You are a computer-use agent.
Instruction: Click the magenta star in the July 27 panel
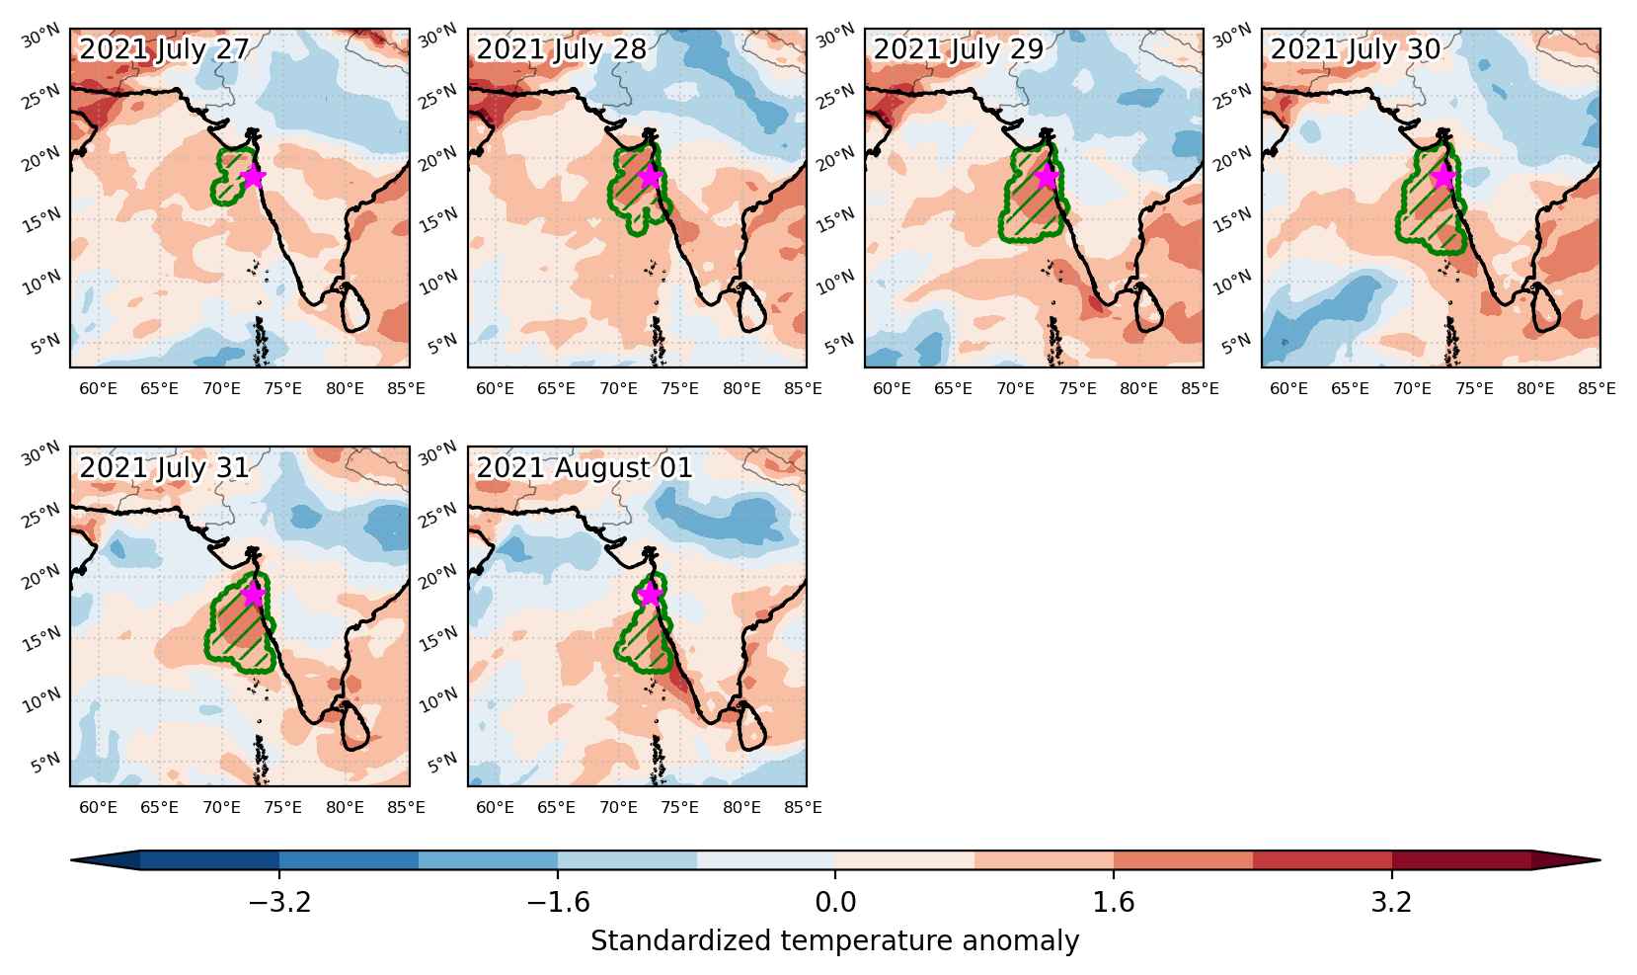(x=253, y=176)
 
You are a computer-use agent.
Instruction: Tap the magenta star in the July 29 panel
(x=1048, y=176)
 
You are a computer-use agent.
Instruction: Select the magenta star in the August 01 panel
(x=650, y=595)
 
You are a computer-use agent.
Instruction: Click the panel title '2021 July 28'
(x=561, y=49)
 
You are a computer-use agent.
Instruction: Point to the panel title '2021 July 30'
(x=1356, y=49)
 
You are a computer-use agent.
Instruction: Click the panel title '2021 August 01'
(x=584, y=468)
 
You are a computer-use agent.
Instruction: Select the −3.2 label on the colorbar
(x=279, y=902)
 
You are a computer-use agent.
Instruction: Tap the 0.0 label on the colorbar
(x=835, y=902)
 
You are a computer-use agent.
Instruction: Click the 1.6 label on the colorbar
(x=1114, y=902)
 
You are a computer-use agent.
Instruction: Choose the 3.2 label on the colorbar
(x=1391, y=902)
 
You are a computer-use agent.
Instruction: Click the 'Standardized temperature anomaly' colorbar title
(x=834, y=941)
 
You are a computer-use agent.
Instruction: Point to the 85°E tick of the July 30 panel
(x=1597, y=388)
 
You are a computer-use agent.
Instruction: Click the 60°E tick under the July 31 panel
(x=98, y=807)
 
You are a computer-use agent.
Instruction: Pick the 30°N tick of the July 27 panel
(x=40, y=36)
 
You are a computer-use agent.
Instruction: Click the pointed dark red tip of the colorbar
(x=1600, y=860)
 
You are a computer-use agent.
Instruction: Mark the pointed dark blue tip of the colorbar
(x=71, y=860)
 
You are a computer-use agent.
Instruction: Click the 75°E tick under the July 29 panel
(x=1077, y=388)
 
